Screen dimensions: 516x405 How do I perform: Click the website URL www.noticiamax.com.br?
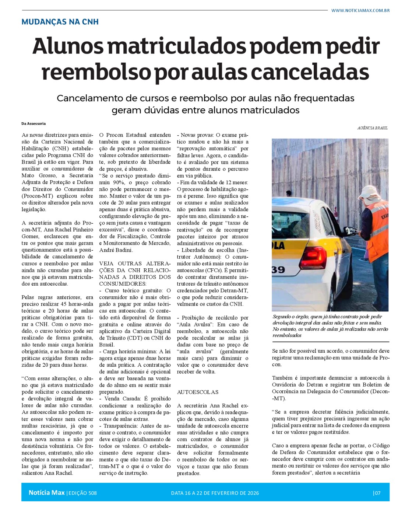tap(360, 10)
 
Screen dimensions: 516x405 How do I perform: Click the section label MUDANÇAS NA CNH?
tap(60, 22)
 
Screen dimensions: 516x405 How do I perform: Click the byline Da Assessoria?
tap(34, 123)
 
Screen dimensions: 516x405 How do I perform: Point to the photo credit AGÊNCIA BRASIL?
tap(372, 128)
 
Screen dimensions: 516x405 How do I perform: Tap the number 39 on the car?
tap(278, 269)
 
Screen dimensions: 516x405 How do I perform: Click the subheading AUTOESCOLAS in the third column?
tap(198, 392)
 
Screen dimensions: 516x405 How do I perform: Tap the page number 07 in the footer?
tap(377, 493)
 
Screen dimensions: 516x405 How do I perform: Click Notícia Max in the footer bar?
tap(46, 492)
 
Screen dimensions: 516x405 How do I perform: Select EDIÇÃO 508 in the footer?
tap(82, 493)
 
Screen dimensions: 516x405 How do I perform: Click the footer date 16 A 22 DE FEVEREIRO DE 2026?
tap(215, 493)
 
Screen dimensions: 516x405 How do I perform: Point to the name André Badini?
tap(116, 250)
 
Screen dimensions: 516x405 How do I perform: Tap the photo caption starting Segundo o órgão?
tap(330, 326)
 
